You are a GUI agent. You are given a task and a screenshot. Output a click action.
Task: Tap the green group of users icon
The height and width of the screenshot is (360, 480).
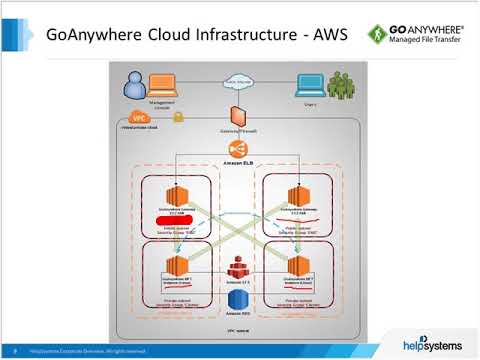click(338, 85)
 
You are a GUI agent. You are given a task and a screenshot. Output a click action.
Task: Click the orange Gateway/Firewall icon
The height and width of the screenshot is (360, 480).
click(238, 115)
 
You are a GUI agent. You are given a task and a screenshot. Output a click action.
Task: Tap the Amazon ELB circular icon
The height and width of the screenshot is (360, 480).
click(238, 149)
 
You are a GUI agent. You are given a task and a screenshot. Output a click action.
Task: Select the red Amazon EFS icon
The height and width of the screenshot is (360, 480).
click(238, 269)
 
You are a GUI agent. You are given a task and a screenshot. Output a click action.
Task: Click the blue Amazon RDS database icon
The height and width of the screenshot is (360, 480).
click(238, 297)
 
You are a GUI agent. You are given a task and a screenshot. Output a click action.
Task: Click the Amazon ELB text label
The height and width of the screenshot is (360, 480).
click(238, 164)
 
